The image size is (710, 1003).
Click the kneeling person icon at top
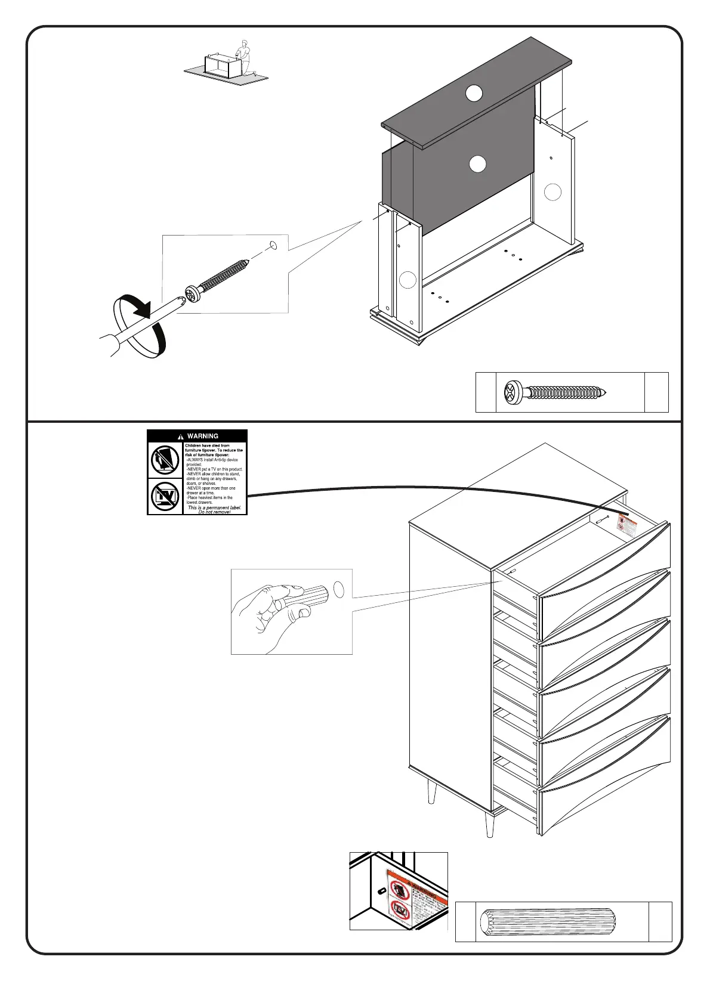click(243, 58)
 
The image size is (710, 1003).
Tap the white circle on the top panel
click(474, 93)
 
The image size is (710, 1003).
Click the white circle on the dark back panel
click(477, 164)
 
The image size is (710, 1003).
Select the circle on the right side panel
click(553, 192)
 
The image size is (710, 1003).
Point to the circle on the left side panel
click(408, 279)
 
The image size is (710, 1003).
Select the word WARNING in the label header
click(202, 436)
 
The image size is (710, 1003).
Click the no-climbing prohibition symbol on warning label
click(165, 460)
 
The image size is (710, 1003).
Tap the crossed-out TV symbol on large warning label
click(165, 496)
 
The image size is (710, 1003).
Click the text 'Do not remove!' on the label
click(214, 512)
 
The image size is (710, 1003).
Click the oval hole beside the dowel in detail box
click(339, 590)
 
